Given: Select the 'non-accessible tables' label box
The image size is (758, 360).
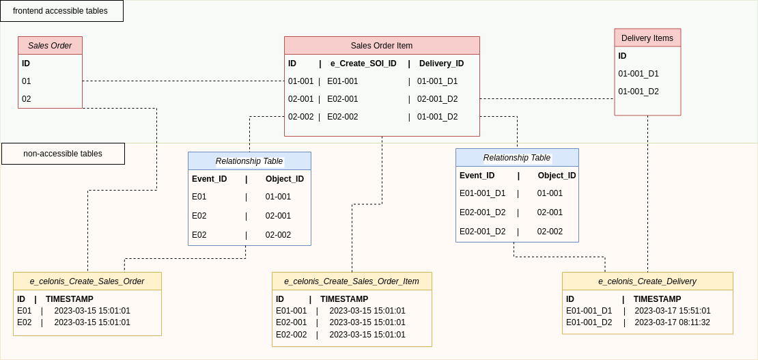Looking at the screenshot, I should pyautogui.click(x=63, y=154).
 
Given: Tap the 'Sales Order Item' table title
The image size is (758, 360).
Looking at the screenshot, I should pyautogui.click(x=382, y=46).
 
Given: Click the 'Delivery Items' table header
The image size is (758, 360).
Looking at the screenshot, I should pyautogui.click(x=647, y=38).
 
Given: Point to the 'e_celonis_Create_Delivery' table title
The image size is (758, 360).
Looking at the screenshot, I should pyautogui.click(x=647, y=281).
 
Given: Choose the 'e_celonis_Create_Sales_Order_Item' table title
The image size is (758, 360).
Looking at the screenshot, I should pyautogui.click(x=352, y=281).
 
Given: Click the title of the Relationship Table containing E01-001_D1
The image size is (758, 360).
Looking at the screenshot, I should pyautogui.click(x=517, y=158).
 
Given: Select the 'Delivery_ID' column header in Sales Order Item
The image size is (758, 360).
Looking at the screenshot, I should pyautogui.click(x=441, y=64).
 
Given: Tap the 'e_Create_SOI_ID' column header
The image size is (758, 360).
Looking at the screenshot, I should pyautogui.click(x=363, y=64).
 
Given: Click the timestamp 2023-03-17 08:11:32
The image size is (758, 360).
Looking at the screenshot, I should pyautogui.click(x=672, y=322).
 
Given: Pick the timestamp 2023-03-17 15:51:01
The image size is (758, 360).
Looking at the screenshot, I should pyautogui.click(x=672, y=311).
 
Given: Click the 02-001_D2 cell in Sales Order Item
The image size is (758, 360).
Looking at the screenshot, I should pyautogui.click(x=437, y=99).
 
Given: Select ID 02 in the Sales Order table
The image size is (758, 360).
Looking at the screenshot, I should pyautogui.click(x=26, y=99).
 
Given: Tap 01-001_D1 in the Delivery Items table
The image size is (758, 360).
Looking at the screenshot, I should pyautogui.click(x=638, y=74).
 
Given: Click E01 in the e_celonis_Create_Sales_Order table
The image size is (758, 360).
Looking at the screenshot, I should pyautogui.click(x=25, y=311).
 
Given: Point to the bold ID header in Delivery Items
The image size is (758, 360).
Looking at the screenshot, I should pyautogui.click(x=622, y=56).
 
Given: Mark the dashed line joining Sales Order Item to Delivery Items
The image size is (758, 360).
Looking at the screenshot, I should pyautogui.click(x=546, y=99).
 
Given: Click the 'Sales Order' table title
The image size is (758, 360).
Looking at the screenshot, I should pyautogui.click(x=50, y=46).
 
